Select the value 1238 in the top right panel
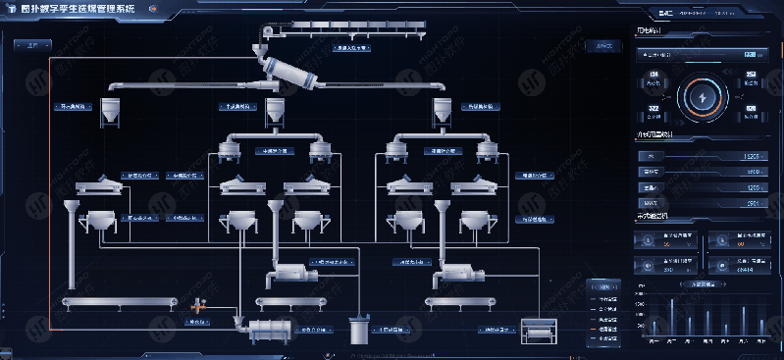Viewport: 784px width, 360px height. (x=749, y=55)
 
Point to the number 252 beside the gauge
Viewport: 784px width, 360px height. (x=751, y=75)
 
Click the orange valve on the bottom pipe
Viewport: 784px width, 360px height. (x=197, y=306)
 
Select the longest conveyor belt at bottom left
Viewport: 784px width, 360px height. (x=116, y=302)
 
